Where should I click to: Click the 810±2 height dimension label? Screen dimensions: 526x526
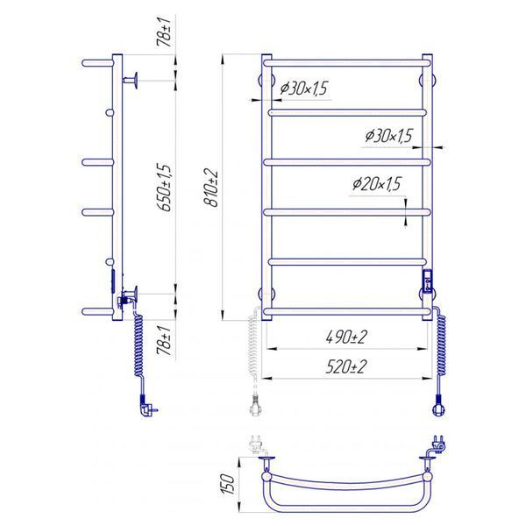click(211, 188)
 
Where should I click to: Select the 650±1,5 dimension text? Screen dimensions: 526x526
click(166, 188)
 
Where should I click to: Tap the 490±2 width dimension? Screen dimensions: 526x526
click(346, 338)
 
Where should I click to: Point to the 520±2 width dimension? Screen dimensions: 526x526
click(346, 366)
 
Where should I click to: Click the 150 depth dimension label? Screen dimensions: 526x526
click(228, 484)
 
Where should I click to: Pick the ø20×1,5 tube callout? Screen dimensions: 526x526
click(377, 184)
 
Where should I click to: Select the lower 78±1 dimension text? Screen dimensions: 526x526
click(165, 340)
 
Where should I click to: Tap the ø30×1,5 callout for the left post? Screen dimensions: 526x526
click(303, 89)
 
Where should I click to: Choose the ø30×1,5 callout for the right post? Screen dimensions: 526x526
click(388, 136)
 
